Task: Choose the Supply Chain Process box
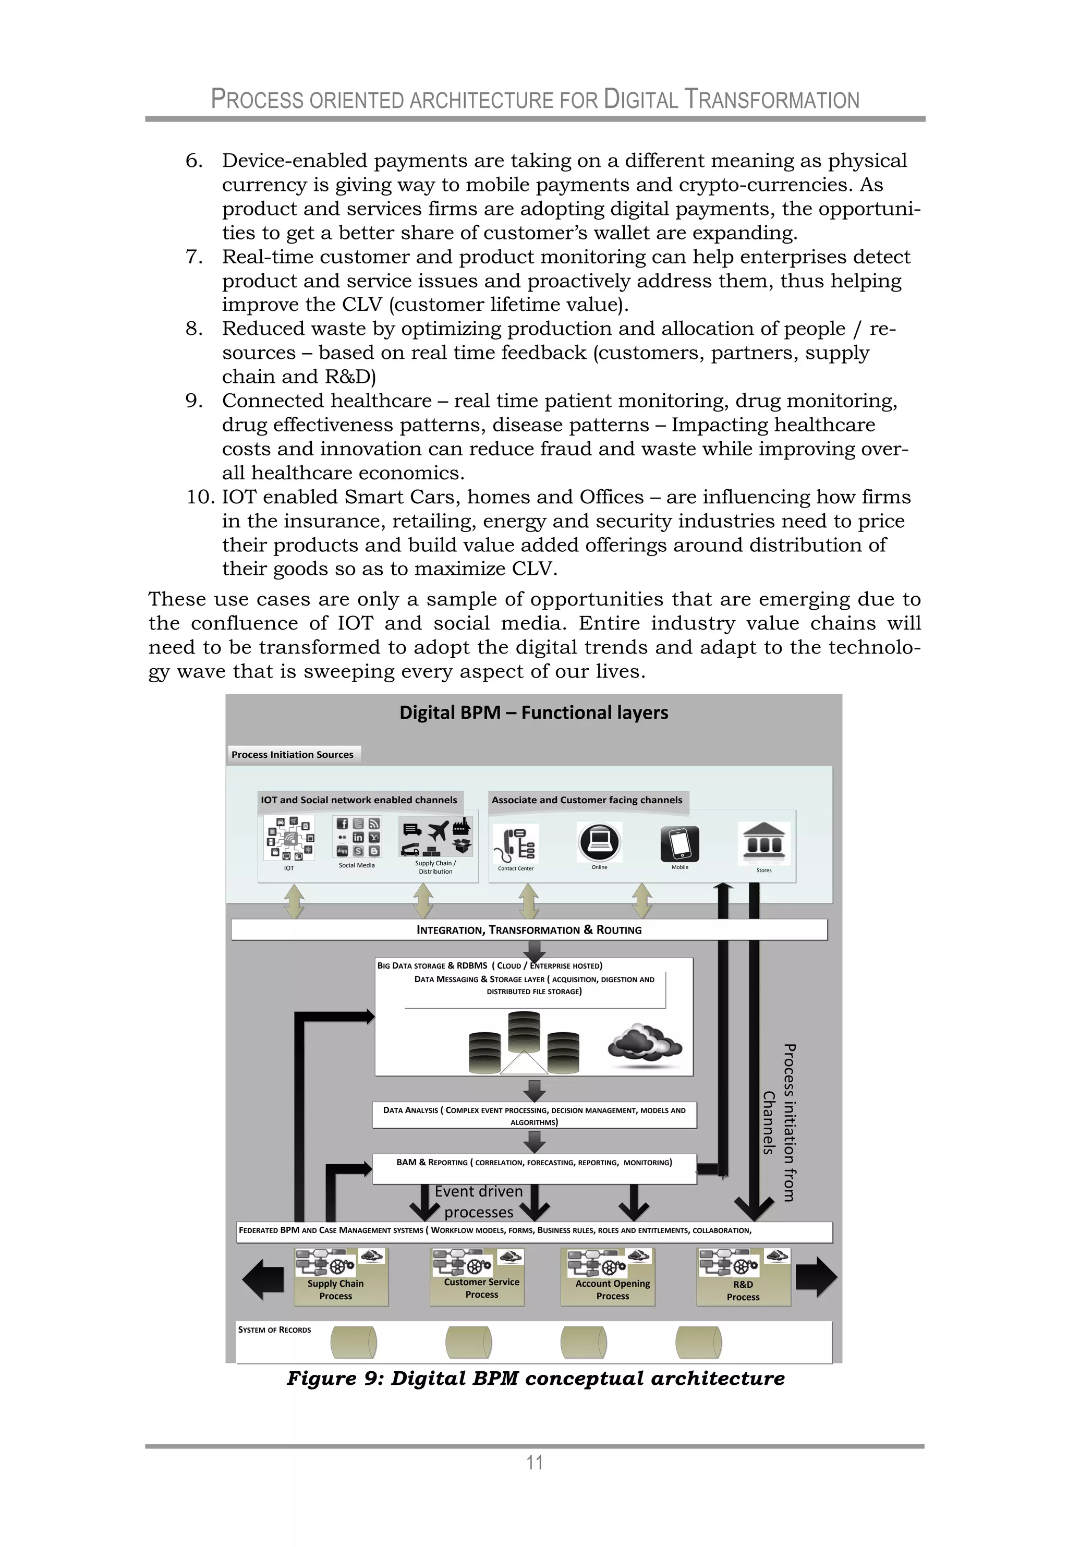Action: pos(341,1277)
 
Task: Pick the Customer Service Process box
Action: pos(477,1277)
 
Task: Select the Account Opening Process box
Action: pos(607,1277)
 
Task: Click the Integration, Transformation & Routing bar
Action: pos(529,929)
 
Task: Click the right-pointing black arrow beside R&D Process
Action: pos(817,1277)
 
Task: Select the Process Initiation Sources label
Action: pos(293,754)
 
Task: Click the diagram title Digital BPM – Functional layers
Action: pos(533,712)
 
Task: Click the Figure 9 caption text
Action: pos(536,1379)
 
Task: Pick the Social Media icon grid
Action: pos(357,837)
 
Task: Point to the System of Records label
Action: pos(274,1330)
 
